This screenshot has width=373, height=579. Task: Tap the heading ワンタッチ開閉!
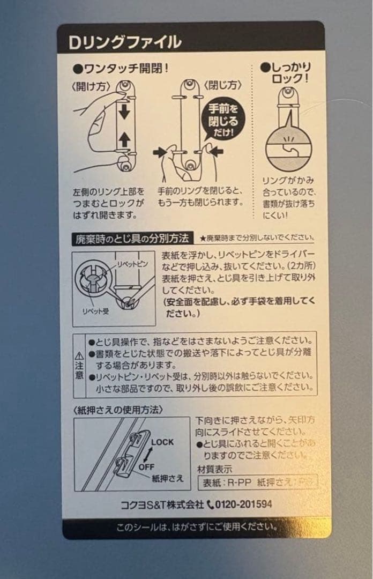click(x=121, y=69)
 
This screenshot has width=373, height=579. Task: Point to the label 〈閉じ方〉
click(x=222, y=85)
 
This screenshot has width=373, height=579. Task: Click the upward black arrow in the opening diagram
click(x=124, y=140)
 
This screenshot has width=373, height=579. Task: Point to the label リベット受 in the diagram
click(x=94, y=310)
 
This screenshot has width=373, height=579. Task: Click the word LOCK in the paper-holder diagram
click(x=162, y=442)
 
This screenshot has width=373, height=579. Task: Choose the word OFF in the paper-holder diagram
click(x=146, y=466)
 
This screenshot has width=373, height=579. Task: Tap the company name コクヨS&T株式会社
click(x=162, y=504)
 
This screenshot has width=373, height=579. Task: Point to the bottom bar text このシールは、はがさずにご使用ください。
click(x=197, y=526)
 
